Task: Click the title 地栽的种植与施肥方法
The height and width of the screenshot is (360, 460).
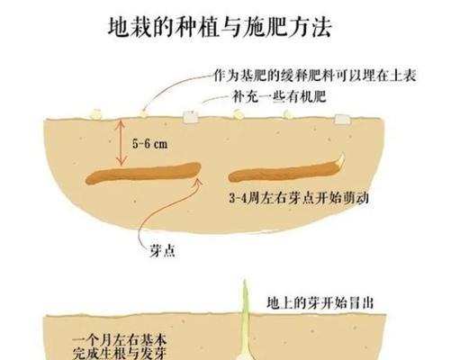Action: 220,27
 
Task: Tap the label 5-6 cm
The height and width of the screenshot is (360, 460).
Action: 149,144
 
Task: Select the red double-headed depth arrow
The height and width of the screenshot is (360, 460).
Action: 121,142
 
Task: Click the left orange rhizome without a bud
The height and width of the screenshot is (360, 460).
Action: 143,173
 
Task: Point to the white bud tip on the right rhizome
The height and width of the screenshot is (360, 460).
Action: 341,159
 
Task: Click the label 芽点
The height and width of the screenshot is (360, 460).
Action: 162,250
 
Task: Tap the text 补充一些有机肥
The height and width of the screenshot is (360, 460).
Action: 279,96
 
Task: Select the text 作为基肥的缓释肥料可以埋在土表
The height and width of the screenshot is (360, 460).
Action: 315,76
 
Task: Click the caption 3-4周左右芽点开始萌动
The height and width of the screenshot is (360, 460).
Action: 299,198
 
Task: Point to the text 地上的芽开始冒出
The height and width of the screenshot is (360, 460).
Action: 320,303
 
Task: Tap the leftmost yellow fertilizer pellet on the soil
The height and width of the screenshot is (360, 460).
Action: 95,114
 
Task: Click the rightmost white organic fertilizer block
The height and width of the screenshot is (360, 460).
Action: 342,119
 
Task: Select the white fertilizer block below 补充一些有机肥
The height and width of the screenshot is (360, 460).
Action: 191,117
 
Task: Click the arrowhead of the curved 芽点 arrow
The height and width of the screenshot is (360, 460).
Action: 199,181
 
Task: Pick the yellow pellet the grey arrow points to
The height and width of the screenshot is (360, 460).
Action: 144,113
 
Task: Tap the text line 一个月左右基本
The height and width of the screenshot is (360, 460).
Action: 120,340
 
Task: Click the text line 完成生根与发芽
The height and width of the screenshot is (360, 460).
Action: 120,353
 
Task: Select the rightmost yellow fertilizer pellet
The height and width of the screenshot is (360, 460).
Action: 288,113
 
